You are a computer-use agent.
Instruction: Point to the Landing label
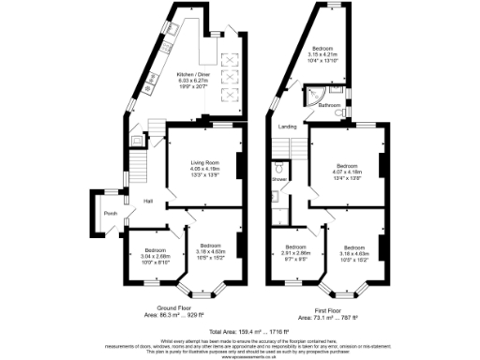288,126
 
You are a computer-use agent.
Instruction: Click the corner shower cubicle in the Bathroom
311,97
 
